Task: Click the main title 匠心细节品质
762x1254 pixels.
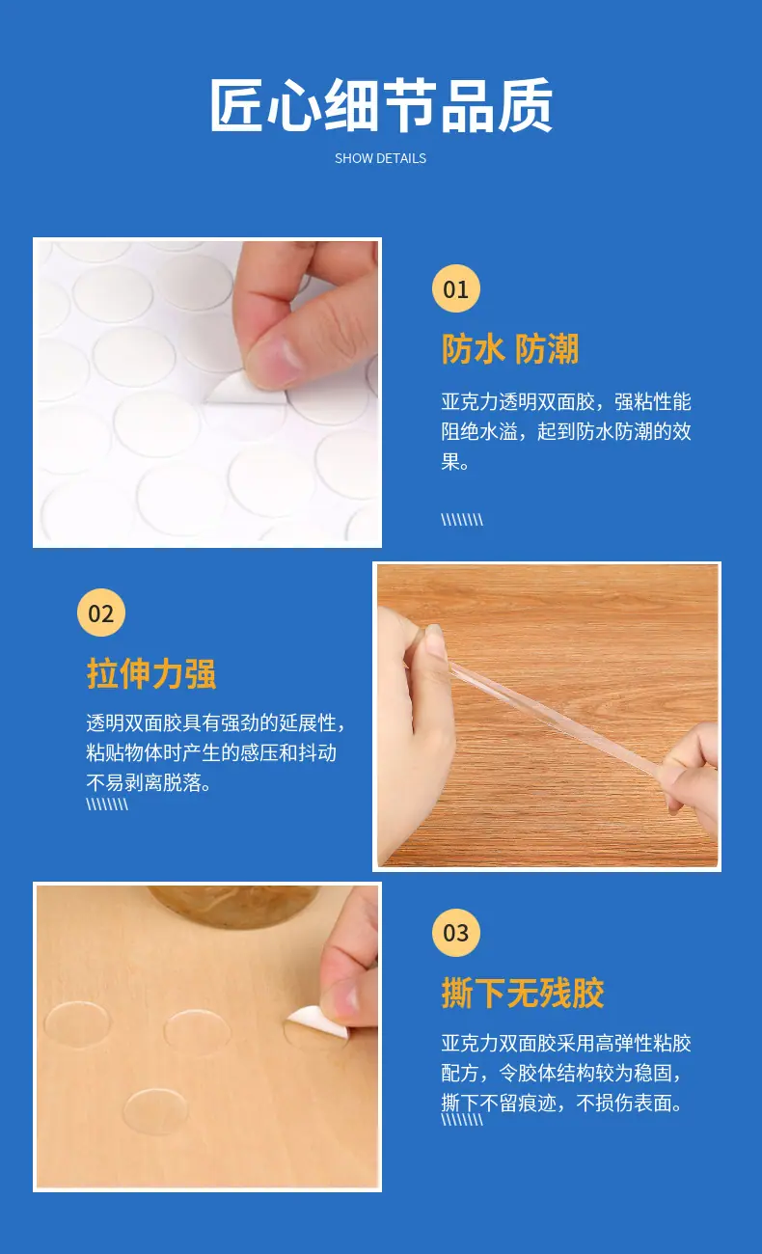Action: pyautogui.click(x=381, y=105)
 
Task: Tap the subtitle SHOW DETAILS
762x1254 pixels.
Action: pyautogui.click(x=381, y=158)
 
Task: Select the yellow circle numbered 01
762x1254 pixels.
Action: pyautogui.click(x=455, y=288)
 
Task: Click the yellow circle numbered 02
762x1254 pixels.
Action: pyautogui.click(x=100, y=613)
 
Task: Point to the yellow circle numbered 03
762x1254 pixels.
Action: pyautogui.click(x=455, y=933)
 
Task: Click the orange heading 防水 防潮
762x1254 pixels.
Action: pyautogui.click(x=510, y=349)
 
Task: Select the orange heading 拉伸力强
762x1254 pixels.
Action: pyautogui.click(x=151, y=673)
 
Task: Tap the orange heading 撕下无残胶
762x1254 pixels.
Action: pyautogui.click(x=523, y=994)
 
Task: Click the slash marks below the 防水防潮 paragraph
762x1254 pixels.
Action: pyautogui.click(x=462, y=520)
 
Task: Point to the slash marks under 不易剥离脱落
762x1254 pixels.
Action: pyautogui.click(x=107, y=804)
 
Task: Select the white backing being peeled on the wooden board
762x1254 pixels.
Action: pyautogui.click(x=317, y=1023)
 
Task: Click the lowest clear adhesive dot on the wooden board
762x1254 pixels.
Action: pyautogui.click(x=155, y=1111)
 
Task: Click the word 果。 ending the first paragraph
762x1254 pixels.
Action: pyautogui.click(x=455, y=462)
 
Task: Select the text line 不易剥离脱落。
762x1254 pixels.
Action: pyautogui.click(x=149, y=782)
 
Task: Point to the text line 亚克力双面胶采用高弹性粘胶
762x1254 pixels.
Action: pyautogui.click(x=566, y=1043)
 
